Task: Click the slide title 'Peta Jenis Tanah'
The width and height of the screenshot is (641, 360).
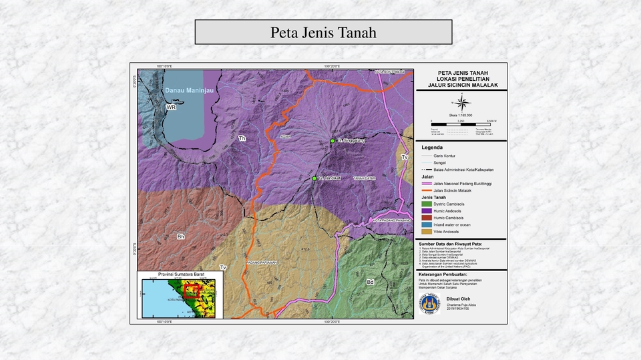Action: [323, 32]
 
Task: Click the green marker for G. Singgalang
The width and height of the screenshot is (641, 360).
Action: [333, 141]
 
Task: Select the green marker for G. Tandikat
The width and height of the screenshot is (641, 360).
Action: [314, 179]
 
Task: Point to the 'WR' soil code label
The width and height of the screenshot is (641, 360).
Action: [171, 108]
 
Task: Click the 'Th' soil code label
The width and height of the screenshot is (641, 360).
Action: [242, 139]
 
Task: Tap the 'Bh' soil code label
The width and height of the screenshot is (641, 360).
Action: [180, 237]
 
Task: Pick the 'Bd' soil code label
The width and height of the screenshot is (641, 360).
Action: [370, 283]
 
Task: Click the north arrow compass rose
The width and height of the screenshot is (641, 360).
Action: [461, 102]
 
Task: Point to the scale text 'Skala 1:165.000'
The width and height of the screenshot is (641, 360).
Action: [461, 115]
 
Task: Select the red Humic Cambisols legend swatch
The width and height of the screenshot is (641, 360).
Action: [427, 218]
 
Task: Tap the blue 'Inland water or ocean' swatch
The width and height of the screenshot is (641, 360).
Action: [427, 225]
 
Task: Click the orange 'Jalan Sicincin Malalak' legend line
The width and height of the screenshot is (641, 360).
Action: [427, 190]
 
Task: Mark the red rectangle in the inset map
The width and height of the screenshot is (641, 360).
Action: [192, 291]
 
